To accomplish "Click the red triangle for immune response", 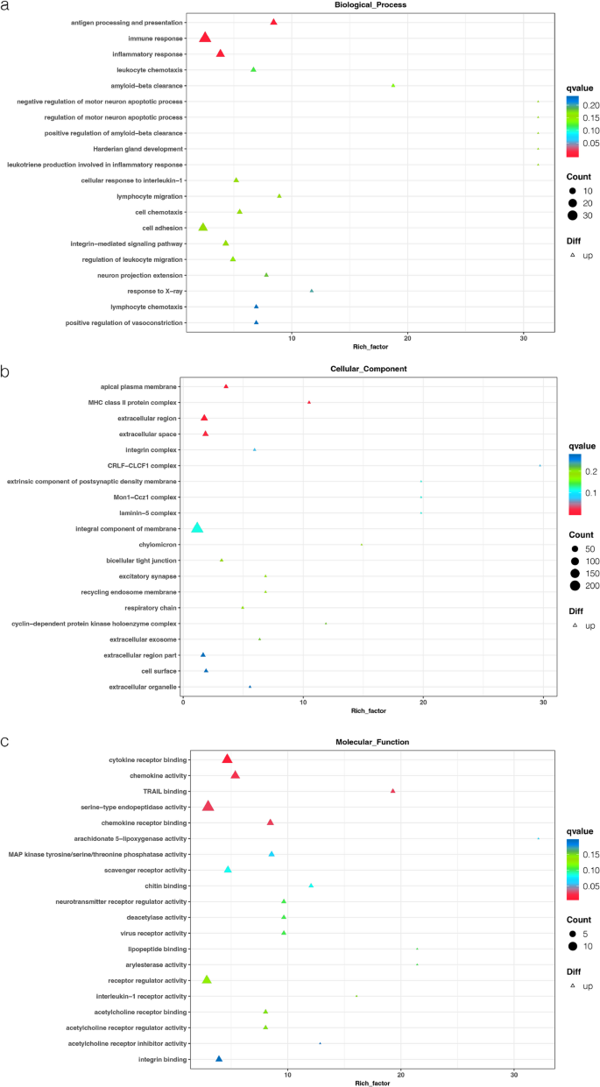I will pyautogui.click(x=205, y=38).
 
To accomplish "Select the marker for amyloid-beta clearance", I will pyautogui.click(x=393, y=86).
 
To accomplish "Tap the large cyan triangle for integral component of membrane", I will pyautogui.click(x=197, y=528).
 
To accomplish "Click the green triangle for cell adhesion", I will pyautogui.click(x=203, y=227).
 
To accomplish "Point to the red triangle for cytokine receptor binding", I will pyautogui.click(x=227, y=759).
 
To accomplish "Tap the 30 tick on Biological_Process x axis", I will pyautogui.click(x=523, y=338).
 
